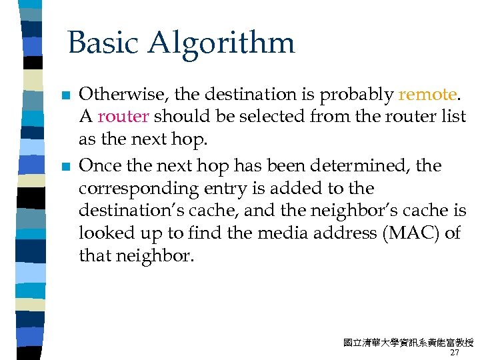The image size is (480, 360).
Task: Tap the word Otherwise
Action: [116, 94]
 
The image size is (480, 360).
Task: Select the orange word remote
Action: [427, 94]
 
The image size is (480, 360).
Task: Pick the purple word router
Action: [123, 117]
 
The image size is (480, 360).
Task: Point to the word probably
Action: [357, 95]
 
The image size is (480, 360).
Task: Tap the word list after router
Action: [454, 117]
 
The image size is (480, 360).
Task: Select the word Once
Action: [97, 165]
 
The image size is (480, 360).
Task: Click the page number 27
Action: [455, 353]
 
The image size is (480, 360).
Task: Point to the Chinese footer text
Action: [408, 343]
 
